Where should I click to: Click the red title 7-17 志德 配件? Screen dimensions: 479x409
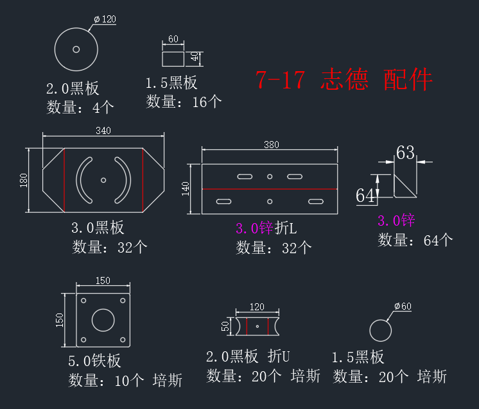[x=344, y=79]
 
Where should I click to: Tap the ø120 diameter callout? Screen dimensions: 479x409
[x=105, y=19]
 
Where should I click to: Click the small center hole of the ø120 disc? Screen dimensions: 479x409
[x=76, y=49]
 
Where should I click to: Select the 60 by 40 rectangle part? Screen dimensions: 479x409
[x=173, y=59]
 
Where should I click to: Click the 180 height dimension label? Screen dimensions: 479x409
[x=24, y=180]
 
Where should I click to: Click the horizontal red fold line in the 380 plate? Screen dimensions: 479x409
[x=270, y=189]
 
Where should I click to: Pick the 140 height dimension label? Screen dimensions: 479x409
[x=186, y=188]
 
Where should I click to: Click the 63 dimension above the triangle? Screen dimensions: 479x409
[x=405, y=153]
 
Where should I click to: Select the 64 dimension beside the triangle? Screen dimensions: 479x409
[x=365, y=196]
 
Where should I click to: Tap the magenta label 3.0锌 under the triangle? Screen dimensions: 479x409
[x=396, y=221]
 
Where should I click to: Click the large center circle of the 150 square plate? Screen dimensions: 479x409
[x=103, y=320]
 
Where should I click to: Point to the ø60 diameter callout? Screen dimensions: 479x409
[x=403, y=306]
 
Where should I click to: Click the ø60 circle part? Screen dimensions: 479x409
[x=380, y=331]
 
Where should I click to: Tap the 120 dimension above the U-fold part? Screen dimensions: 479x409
[x=257, y=307]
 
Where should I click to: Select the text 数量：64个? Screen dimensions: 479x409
[x=415, y=240]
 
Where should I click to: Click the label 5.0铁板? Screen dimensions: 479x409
[x=94, y=361]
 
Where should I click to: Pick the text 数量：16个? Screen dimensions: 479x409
[x=184, y=101]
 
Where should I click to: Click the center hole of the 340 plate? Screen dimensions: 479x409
[x=103, y=180]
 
